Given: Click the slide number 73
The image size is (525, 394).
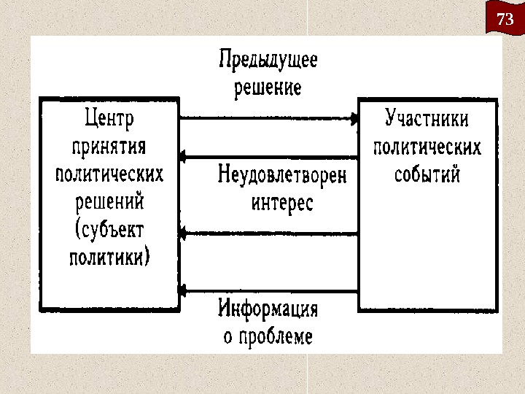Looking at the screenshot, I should pyautogui.click(x=505, y=20).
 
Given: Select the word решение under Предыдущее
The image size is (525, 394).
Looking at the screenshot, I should pyautogui.click(x=268, y=88).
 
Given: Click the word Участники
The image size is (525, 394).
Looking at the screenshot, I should pyautogui.click(x=427, y=118).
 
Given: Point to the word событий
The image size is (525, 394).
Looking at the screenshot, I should pyautogui.click(x=427, y=174).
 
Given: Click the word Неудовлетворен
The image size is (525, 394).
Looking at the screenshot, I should pyautogui.click(x=282, y=175).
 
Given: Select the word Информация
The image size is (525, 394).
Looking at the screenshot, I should pyautogui.click(x=268, y=309).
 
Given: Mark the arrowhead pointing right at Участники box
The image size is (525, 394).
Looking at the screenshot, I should pyautogui.click(x=355, y=117).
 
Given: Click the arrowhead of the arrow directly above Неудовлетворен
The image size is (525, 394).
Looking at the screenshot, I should pyautogui.click(x=183, y=156).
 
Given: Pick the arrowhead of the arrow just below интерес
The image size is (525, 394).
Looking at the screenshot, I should pyautogui.click(x=183, y=233).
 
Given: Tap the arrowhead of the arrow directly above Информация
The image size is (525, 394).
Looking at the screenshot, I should pyautogui.click(x=183, y=290).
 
